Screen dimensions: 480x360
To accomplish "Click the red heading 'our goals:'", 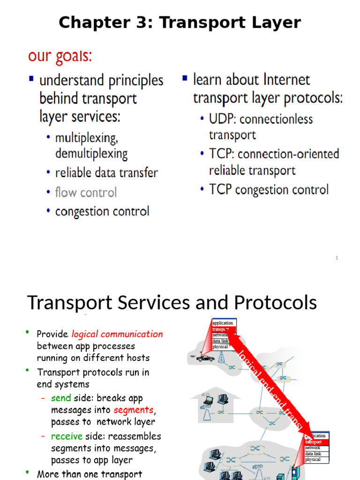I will (60, 56).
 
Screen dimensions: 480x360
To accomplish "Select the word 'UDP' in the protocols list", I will (222, 119).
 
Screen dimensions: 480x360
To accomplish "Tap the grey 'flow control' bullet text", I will (86, 192).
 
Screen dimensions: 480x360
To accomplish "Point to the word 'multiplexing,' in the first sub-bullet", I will (86, 138).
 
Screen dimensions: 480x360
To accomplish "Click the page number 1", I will (337, 257).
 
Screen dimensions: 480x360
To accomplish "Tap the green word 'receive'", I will (67, 436).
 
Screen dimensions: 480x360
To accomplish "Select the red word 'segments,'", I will (134, 410).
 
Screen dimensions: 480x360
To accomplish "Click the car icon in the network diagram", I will (205, 358).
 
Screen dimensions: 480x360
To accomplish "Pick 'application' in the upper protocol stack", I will (223, 323).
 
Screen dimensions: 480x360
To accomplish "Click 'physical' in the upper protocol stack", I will (220, 347).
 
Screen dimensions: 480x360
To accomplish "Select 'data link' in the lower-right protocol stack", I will (313, 454).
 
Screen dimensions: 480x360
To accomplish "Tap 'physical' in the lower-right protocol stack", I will (313, 459).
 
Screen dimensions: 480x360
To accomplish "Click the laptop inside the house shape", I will (209, 400).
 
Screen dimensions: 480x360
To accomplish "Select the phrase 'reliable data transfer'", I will (106, 172).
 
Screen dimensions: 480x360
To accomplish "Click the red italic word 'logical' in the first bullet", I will (84, 334).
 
